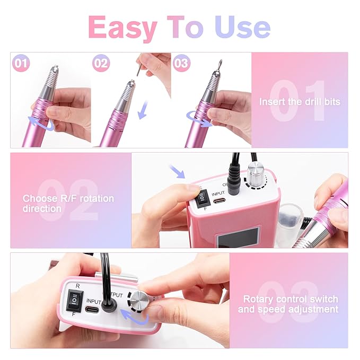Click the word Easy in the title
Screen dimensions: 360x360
point(123,28)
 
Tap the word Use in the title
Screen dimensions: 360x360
point(242,27)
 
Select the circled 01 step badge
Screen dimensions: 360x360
point(21,63)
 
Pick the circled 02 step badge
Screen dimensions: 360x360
point(101,63)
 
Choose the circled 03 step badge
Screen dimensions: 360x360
point(181,63)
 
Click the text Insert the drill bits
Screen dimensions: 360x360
point(300,102)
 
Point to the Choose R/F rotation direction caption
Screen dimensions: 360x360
point(68,204)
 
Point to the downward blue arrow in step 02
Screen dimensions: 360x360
point(143,110)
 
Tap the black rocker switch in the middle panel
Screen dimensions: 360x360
point(201,197)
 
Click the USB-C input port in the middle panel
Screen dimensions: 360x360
point(219,201)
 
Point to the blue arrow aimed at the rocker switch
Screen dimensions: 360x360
point(177,171)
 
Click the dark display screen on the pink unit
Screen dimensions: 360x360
point(238,238)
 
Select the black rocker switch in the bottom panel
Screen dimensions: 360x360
point(75,301)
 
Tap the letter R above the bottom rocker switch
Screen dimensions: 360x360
point(77,286)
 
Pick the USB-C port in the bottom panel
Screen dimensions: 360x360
point(92,310)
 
